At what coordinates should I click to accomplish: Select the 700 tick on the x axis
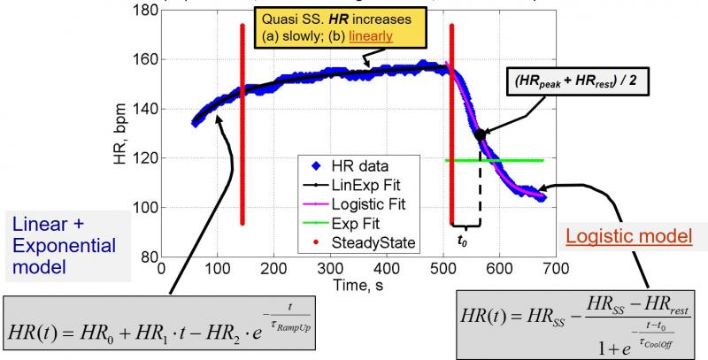click(612, 268)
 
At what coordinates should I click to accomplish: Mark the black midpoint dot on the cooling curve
click(481, 134)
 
